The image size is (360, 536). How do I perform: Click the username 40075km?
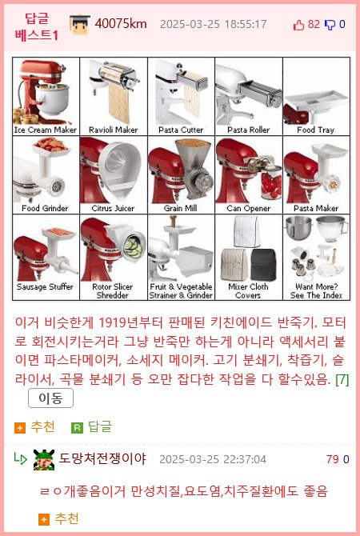pos(121,23)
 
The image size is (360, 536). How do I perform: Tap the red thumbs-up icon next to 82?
pos(299,24)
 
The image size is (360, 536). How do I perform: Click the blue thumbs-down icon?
pos(330,24)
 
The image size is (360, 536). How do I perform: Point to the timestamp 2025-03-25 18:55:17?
pos(213,24)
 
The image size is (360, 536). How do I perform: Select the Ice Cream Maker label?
pos(46,130)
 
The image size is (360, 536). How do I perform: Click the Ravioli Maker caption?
pos(113,130)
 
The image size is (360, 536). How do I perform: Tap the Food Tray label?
pos(316,130)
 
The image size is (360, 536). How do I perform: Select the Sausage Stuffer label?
pos(46,286)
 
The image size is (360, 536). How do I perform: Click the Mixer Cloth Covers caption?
pos(248,290)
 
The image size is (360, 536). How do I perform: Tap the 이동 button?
pos(50,398)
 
